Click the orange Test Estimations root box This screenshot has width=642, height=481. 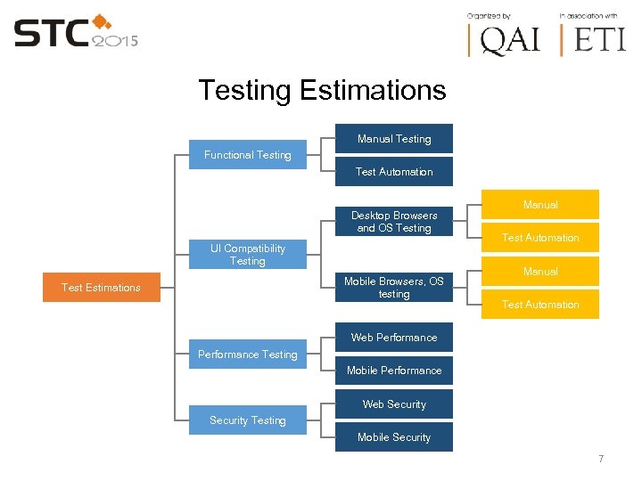[101, 288]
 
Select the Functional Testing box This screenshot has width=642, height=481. [247, 155]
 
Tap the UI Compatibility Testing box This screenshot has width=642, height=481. [247, 255]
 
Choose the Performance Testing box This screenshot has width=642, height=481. [247, 355]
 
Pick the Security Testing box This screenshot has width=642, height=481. [247, 420]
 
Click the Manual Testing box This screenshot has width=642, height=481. [393, 139]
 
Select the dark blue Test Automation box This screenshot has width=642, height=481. [393, 172]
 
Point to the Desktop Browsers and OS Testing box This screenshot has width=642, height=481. [393, 222]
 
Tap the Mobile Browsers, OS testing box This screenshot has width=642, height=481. [393, 288]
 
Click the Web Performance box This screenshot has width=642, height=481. [393, 338]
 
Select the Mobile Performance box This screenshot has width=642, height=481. [393, 371]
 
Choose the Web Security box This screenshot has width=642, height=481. [393, 404]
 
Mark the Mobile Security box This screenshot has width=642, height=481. [393, 437]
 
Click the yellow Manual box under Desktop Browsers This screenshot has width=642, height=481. [540, 205]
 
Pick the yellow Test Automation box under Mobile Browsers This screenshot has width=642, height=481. [540, 305]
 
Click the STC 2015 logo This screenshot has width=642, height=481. [75, 34]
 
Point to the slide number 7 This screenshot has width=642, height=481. [601, 459]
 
